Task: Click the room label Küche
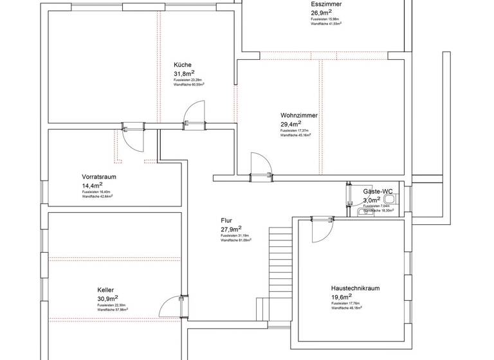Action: coord(182,65)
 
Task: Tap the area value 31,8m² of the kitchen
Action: coord(184,73)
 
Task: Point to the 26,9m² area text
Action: coord(322,12)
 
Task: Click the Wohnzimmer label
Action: coord(298,116)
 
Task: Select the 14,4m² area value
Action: coord(93,185)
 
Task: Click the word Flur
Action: coord(226,220)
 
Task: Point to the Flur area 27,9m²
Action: coord(231,228)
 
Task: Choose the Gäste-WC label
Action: coord(378,192)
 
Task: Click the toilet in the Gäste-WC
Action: coord(389,199)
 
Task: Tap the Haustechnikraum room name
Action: coord(355,289)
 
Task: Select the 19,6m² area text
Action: coord(341,297)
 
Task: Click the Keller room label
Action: coord(106,290)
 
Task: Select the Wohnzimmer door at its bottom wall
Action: coord(261,164)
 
